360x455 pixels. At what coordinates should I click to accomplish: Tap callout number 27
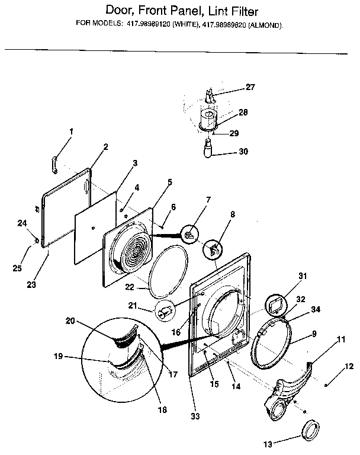(x=250, y=87)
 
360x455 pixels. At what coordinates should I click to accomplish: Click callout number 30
(x=243, y=151)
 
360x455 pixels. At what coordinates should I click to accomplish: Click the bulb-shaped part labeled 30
(x=208, y=148)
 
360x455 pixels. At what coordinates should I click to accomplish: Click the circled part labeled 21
(x=165, y=310)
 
